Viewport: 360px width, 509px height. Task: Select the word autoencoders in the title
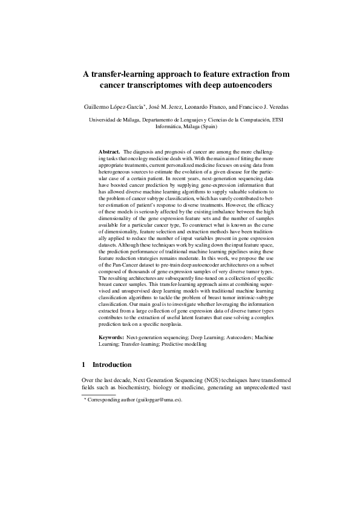pyautogui.click(x=241, y=86)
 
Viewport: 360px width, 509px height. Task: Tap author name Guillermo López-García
pyautogui.click(x=114, y=106)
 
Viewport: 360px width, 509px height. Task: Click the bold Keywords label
pyautogui.click(x=111, y=336)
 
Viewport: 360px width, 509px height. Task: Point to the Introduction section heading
pyautogui.click(x=112, y=365)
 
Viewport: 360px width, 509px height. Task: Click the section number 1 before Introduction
pyautogui.click(x=83, y=365)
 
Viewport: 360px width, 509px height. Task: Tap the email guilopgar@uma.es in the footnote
pyautogui.click(x=159, y=400)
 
